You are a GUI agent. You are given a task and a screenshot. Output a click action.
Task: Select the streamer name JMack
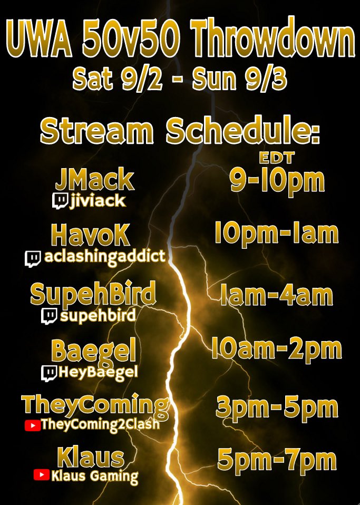(x=94, y=180)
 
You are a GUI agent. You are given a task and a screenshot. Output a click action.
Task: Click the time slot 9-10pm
(x=277, y=180)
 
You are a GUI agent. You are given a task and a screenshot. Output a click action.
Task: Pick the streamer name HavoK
(x=90, y=235)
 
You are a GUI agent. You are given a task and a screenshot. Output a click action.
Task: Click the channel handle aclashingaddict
(x=104, y=257)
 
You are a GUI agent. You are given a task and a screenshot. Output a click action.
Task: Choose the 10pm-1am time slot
(x=276, y=232)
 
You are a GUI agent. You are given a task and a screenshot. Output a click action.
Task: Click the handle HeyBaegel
(x=99, y=373)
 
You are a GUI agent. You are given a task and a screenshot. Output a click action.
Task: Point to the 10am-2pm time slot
(x=276, y=349)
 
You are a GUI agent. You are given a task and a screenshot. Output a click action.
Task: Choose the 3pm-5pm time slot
(x=277, y=407)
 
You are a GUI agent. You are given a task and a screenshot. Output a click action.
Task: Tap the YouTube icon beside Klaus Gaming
(x=41, y=475)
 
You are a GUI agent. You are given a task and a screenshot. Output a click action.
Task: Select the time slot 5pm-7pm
(x=277, y=460)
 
